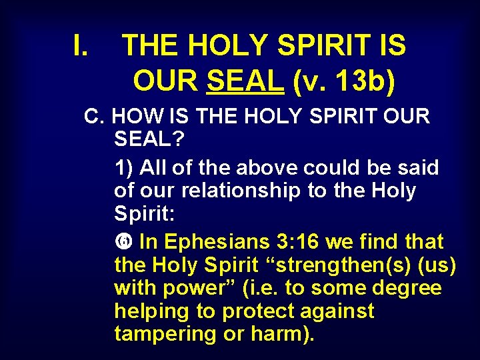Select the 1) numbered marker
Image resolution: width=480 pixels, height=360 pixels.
124,168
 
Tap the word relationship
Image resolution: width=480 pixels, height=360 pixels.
244,191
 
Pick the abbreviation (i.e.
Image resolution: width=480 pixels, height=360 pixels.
245,288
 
